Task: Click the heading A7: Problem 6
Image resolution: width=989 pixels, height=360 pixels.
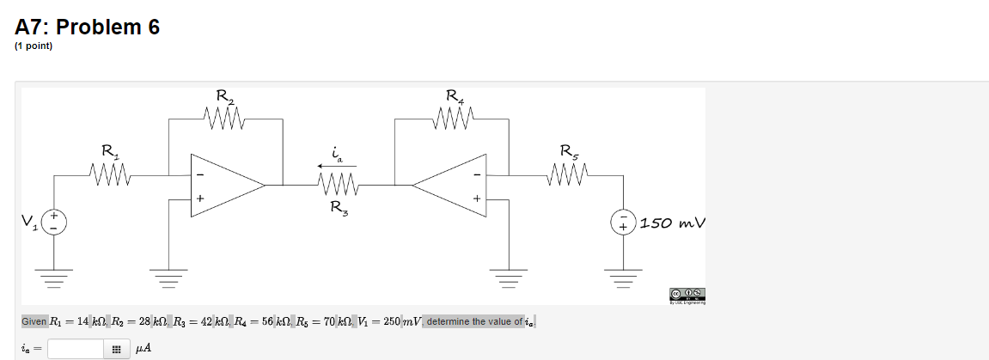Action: point(88,27)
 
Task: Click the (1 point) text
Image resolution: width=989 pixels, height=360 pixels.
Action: point(34,46)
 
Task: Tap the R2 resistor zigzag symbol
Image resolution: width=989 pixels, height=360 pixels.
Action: point(225,115)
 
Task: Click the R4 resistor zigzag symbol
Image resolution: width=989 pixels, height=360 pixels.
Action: point(453,115)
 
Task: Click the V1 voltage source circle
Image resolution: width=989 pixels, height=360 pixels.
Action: point(54,223)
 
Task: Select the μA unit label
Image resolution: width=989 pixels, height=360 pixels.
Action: point(144,349)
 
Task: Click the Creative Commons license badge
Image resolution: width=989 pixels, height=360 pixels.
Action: point(694,293)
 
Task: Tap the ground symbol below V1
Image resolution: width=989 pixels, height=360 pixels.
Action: point(54,278)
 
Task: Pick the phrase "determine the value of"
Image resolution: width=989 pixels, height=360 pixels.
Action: point(475,321)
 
